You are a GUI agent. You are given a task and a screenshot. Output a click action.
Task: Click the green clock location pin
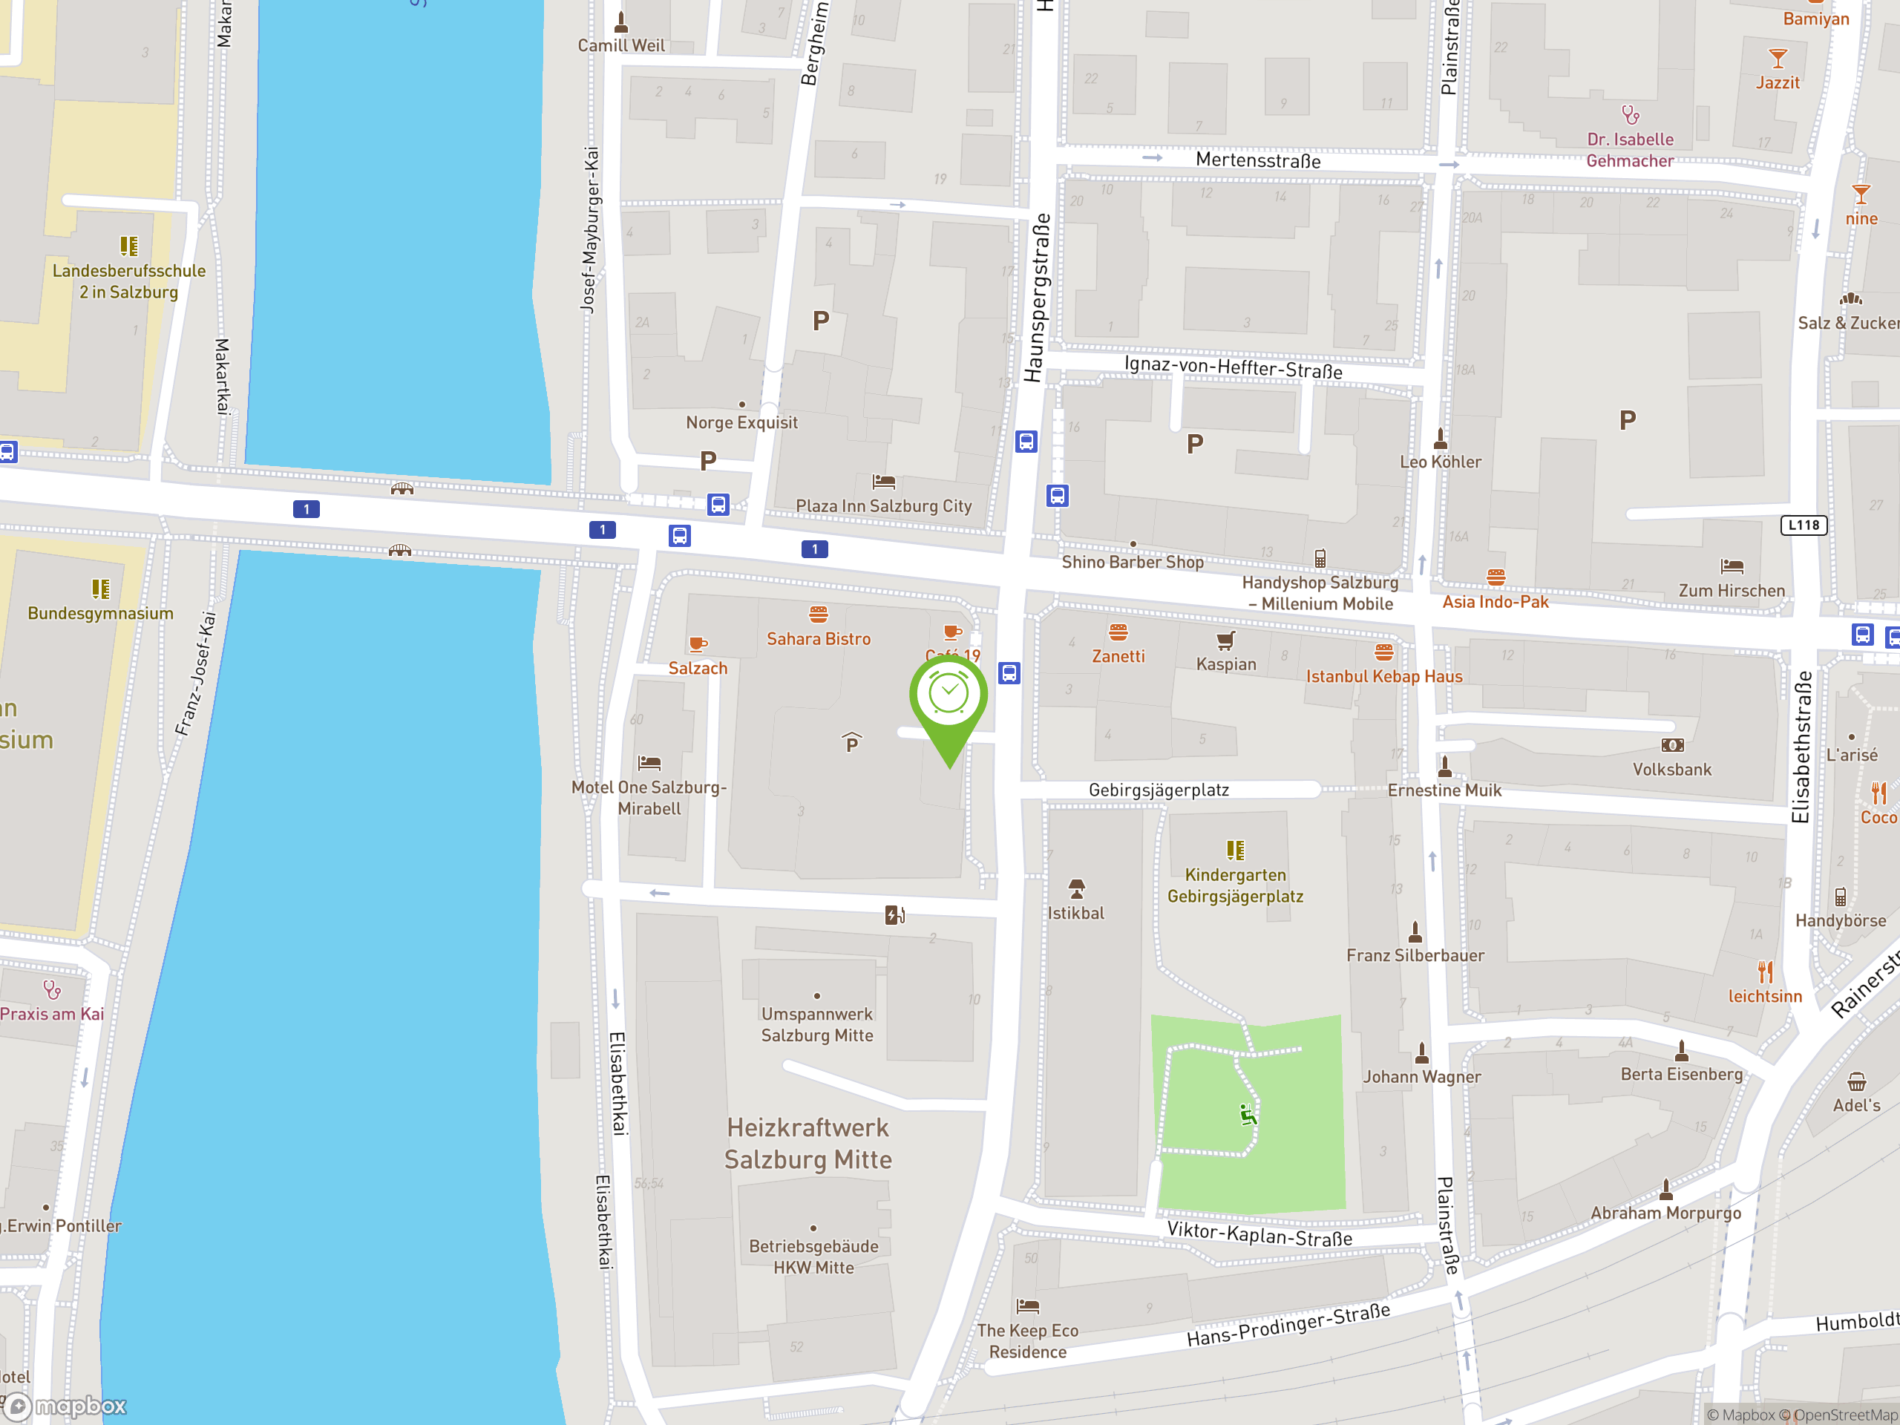click(949, 698)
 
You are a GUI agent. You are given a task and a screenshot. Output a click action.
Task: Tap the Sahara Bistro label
click(818, 639)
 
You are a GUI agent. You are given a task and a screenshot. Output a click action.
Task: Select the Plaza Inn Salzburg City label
click(883, 506)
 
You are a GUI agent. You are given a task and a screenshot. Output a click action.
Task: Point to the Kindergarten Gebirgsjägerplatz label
click(1235, 885)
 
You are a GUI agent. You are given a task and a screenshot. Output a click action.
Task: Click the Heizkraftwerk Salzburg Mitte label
click(807, 1143)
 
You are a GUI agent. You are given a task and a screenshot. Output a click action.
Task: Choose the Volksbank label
click(1671, 770)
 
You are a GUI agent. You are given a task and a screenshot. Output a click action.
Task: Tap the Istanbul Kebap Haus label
click(1383, 676)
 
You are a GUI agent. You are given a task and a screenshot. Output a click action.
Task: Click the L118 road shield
click(1804, 525)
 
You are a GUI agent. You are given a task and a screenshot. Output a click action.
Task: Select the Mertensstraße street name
click(1257, 160)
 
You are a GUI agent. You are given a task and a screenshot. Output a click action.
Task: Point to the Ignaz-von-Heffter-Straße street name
click(1233, 367)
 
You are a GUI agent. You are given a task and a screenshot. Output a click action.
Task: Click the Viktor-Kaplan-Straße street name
click(1259, 1234)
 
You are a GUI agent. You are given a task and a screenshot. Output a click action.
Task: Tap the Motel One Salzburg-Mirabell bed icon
click(649, 762)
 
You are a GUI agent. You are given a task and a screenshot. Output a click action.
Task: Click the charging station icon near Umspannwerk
click(894, 915)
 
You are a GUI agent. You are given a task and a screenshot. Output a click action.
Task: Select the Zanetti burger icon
click(1118, 633)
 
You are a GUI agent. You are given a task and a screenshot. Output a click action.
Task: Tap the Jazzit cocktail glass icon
click(1778, 59)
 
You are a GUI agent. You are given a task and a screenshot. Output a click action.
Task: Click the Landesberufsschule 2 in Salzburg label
click(129, 281)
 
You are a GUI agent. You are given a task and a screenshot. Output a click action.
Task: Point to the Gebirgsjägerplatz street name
click(1158, 790)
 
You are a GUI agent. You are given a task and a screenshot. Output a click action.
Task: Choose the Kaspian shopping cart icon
click(1226, 640)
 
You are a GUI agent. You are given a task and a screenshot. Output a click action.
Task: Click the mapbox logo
click(66, 1406)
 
